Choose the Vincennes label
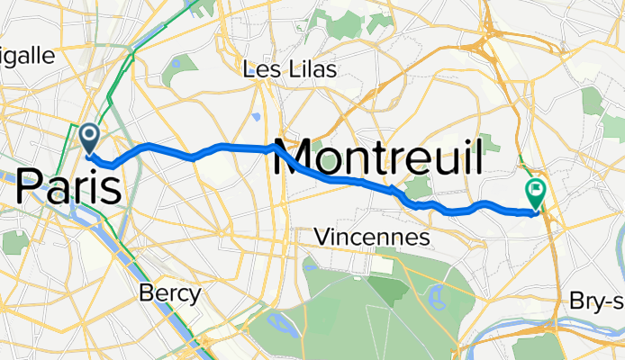(x=371, y=238)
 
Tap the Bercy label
(x=170, y=292)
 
